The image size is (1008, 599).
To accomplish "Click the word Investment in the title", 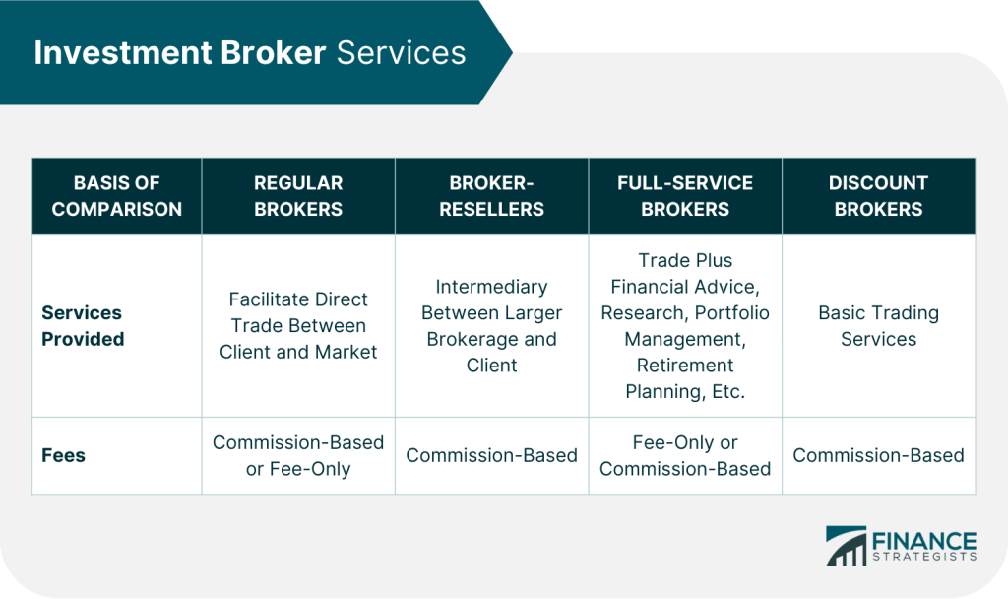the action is point(123,53).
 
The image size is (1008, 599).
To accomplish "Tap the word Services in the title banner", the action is point(402,53).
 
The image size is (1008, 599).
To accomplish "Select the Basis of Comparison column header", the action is point(117,196).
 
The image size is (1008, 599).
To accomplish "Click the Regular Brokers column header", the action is point(298,196).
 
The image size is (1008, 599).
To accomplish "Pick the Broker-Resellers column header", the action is point(492,196).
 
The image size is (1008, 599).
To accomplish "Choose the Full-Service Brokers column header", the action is point(685,196).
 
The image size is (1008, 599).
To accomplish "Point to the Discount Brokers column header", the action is point(879,196).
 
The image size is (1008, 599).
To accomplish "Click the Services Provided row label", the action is point(83,325).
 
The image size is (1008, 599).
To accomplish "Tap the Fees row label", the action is point(64,455).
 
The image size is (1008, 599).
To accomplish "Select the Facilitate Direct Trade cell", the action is point(298,325).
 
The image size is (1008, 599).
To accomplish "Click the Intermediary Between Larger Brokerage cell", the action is point(492,325).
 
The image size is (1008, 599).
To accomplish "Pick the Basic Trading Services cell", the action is point(879,325).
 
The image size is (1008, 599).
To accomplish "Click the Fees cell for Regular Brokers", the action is point(298,455).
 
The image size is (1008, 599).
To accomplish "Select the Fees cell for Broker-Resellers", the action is point(492,455).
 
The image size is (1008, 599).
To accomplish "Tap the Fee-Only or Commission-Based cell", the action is point(685,455).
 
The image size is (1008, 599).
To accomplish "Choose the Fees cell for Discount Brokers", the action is point(879,455).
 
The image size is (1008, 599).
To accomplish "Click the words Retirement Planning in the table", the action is point(685,378).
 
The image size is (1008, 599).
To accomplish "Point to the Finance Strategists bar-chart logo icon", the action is point(846,546).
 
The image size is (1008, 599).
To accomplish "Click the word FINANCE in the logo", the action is point(924,541).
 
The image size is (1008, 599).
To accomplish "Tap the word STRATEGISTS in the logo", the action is point(924,557).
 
